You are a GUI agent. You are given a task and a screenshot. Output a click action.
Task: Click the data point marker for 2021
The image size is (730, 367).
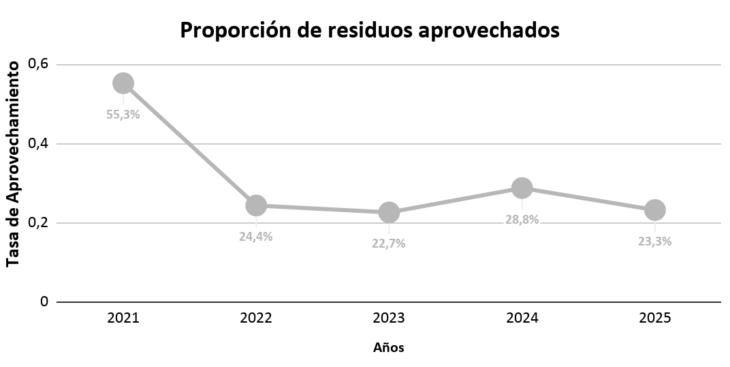point(123,83)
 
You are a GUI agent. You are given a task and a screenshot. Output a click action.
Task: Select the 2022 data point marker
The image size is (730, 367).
point(255,205)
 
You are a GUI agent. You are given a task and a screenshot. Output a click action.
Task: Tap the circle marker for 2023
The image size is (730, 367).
point(389,212)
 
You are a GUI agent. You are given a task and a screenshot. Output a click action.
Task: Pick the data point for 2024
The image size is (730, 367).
point(522,188)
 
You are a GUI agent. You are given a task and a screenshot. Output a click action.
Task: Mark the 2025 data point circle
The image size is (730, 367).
point(654,210)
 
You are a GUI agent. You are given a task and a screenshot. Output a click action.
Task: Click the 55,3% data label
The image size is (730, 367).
point(123,115)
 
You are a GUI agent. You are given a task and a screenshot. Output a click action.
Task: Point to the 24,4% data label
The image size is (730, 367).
point(255,237)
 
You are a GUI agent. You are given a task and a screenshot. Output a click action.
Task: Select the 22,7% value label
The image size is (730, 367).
point(389,244)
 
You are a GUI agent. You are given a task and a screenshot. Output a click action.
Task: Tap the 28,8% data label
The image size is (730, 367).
point(522,220)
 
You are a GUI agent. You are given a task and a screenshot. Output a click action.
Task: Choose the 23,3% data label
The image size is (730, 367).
point(654,241)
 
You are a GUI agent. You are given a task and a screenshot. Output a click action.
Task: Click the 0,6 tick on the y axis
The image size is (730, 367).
point(39,64)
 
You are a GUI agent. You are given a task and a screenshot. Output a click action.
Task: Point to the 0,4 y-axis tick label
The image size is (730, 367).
point(39,144)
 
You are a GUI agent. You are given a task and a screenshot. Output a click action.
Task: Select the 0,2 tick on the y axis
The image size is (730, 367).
point(39,222)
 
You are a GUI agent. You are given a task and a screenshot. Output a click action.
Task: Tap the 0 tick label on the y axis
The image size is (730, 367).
point(44,302)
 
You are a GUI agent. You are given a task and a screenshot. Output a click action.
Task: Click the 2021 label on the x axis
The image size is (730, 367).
point(123,318)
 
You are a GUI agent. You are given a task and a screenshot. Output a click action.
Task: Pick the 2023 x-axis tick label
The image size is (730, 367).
point(389,318)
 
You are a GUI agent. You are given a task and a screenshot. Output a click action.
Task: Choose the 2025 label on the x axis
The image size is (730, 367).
point(654,318)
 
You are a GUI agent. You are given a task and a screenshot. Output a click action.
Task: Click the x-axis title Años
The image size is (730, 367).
point(389,347)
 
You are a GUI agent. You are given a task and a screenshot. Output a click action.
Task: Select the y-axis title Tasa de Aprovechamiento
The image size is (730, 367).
point(14,164)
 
